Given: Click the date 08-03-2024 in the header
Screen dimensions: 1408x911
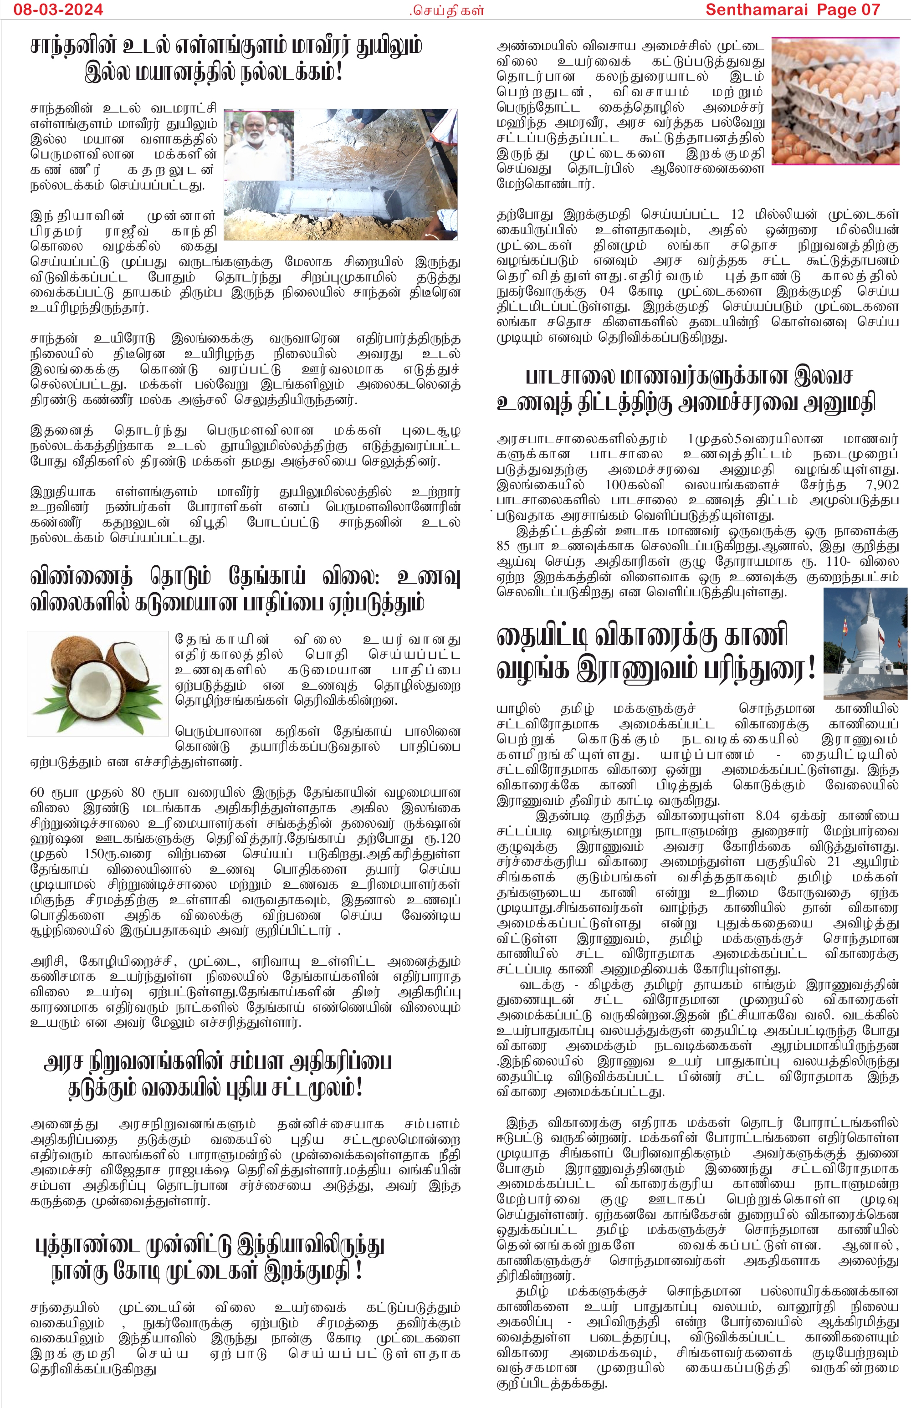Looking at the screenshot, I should (x=58, y=10).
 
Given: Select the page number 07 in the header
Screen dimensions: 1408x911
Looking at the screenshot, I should (x=868, y=10).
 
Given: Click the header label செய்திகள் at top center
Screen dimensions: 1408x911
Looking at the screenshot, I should (x=448, y=10).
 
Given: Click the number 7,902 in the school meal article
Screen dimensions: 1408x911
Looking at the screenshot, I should (x=881, y=485).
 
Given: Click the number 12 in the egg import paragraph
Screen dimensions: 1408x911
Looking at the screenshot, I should (x=737, y=214).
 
